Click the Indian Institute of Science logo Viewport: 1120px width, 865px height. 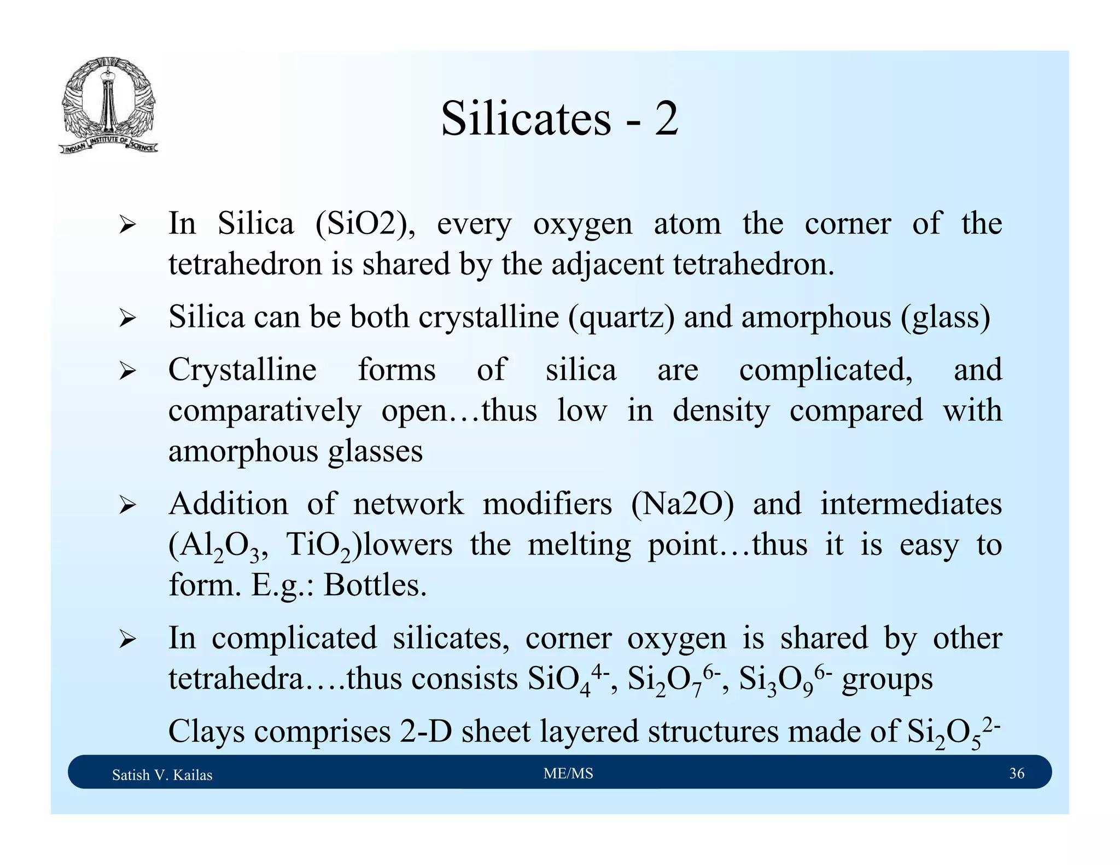[x=108, y=106]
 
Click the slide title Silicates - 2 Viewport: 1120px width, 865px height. [x=559, y=119]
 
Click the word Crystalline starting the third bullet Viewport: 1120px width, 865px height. [x=242, y=370]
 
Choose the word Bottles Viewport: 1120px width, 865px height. [x=375, y=585]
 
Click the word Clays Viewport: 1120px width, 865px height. [x=206, y=732]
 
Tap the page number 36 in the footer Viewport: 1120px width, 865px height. [x=1017, y=773]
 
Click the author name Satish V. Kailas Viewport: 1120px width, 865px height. [x=162, y=775]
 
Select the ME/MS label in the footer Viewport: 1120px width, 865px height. [x=568, y=773]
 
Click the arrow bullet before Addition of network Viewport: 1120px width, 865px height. [x=127, y=505]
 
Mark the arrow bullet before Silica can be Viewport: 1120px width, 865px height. [x=127, y=318]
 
